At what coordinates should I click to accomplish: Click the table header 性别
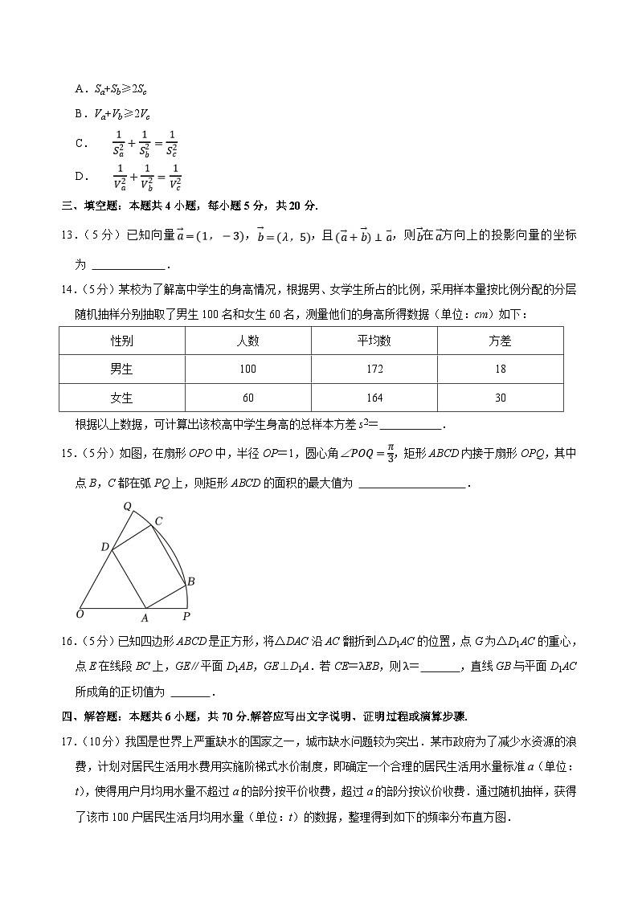[x=122, y=341]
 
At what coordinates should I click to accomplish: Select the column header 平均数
[x=374, y=341]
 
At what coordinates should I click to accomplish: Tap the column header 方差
[x=500, y=341]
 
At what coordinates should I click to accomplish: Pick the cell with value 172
[x=374, y=369]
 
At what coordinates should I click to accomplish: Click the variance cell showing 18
[x=500, y=369]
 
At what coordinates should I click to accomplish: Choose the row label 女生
[x=122, y=398]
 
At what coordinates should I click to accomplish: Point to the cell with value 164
[x=374, y=398]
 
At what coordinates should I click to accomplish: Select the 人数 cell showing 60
[x=247, y=398]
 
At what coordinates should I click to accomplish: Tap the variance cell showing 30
[x=500, y=398]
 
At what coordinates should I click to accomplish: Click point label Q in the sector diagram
[x=127, y=506]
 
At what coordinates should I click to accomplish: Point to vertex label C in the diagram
[x=159, y=521]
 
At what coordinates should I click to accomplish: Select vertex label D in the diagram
[x=104, y=547]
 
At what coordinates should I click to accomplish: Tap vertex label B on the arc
[x=191, y=581]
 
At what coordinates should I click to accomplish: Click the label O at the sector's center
[x=80, y=615]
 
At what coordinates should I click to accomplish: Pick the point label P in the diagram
[x=186, y=617]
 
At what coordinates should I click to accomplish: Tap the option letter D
[x=80, y=177]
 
